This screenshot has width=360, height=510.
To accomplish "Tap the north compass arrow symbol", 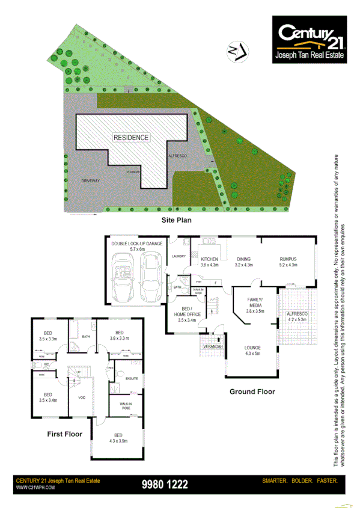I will (x=239, y=51).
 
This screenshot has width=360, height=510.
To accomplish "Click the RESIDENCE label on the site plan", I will (x=131, y=137).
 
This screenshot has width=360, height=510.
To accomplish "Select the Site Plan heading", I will (x=175, y=220).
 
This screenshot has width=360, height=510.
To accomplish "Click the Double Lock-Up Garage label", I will (x=137, y=245).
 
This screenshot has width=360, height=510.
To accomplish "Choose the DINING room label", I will (x=243, y=261).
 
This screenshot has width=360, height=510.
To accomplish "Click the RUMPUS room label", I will (x=289, y=261).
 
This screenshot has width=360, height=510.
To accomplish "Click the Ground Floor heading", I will (x=252, y=392).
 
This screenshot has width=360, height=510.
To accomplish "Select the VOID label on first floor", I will (x=82, y=396).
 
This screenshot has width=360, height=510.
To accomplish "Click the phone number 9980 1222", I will (x=165, y=484).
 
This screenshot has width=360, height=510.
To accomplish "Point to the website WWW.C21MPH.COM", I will (x=35, y=487).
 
